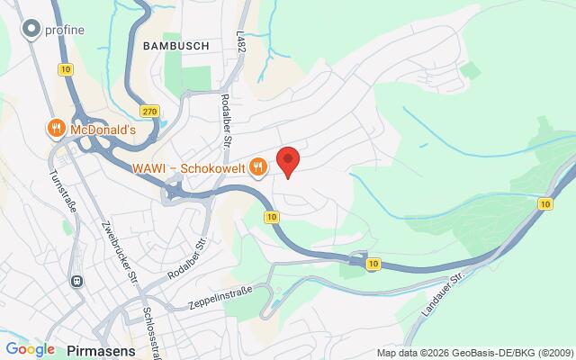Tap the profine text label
pyautogui.click(x=65, y=31)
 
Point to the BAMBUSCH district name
pyautogui.click(x=175, y=44)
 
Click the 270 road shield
pyautogui.click(x=149, y=111)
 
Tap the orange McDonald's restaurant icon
pyautogui.click(x=57, y=129)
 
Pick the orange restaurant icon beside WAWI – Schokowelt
pyautogui.click(x=258, y=166)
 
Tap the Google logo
pyautogui.click(x=30, y=349)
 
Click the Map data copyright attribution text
pyautogui.click(x=474, y=353)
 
